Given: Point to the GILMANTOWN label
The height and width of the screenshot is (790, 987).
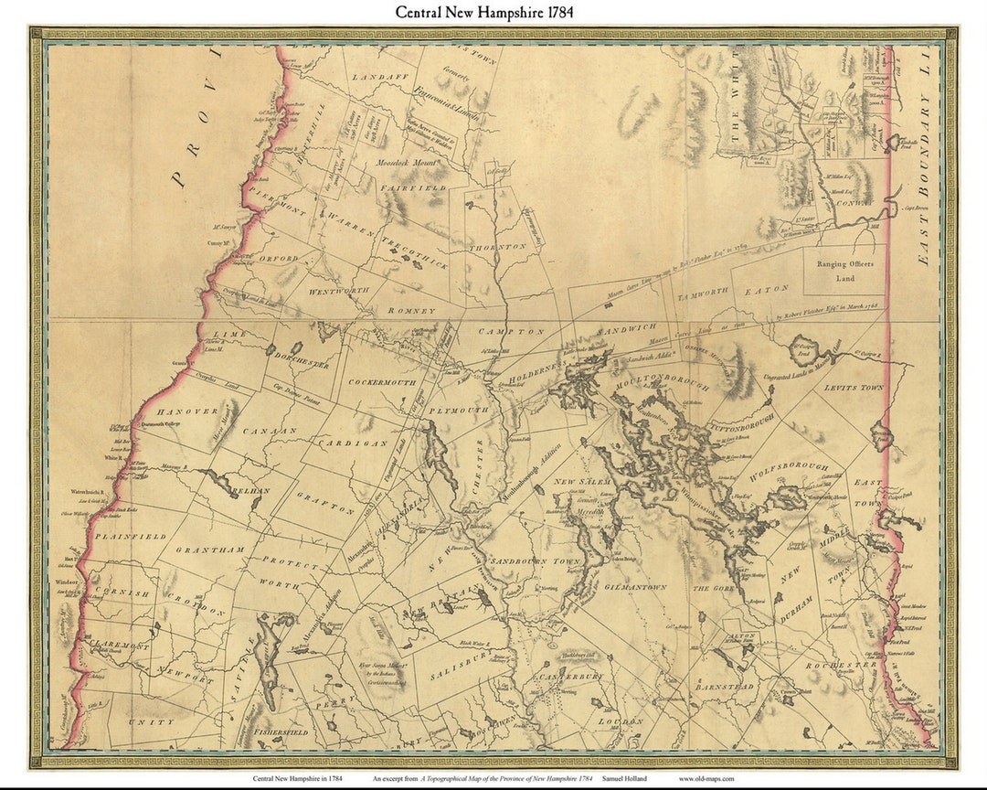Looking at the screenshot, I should (x=633, y=586).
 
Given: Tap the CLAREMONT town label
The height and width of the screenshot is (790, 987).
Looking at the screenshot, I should (x=119, y=646).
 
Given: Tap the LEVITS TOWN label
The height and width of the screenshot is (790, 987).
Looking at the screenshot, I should (x=854, y=388).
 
